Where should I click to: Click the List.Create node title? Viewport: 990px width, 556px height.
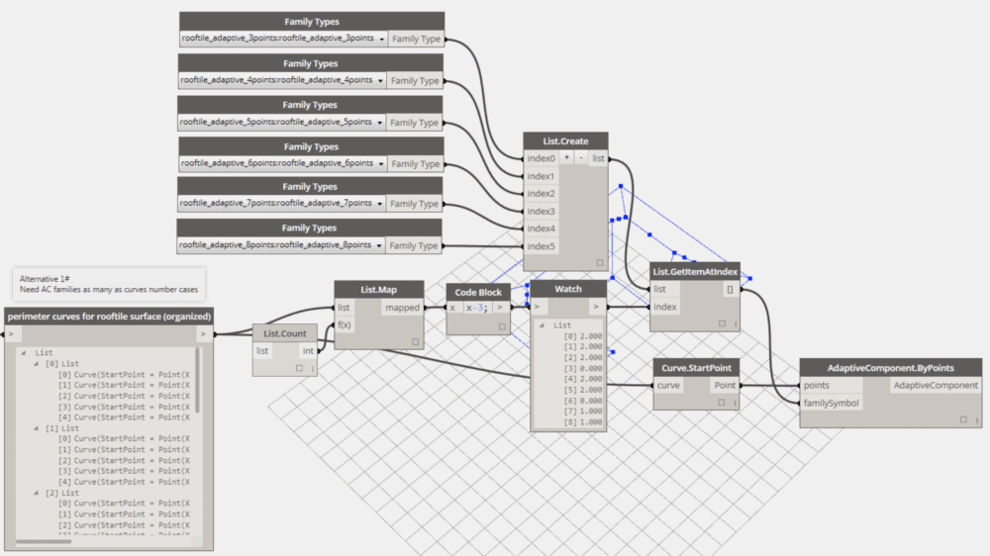tap(566, 140)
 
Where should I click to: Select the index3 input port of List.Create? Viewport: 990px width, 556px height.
tap(541, 211)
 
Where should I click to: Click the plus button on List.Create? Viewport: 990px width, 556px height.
tap(566, 158)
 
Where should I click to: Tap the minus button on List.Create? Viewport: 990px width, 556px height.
tap(580, 158)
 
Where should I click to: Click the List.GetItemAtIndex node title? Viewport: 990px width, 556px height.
tap(695, 271)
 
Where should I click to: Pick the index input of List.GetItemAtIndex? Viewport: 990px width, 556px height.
tap(666, 307)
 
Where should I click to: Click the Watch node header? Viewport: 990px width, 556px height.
tap(568, 289)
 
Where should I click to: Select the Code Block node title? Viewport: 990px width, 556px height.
tap(478, 292)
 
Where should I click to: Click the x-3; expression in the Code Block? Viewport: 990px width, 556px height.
tap(477, 308)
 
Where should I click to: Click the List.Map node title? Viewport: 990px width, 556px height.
tap(379, 289)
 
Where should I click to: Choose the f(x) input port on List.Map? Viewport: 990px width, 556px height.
tap(346, 324)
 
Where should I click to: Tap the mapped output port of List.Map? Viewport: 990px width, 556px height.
tap(403, 308)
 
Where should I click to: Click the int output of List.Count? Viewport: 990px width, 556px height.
tap(308, 350)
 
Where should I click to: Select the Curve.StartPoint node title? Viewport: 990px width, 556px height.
tap(696, 368)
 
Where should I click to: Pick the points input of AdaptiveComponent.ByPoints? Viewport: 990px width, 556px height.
tap(818, 385)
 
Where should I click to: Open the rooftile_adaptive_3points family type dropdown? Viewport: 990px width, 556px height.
tap(380, 39)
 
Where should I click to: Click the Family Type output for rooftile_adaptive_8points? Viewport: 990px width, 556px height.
tap(415, 245)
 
